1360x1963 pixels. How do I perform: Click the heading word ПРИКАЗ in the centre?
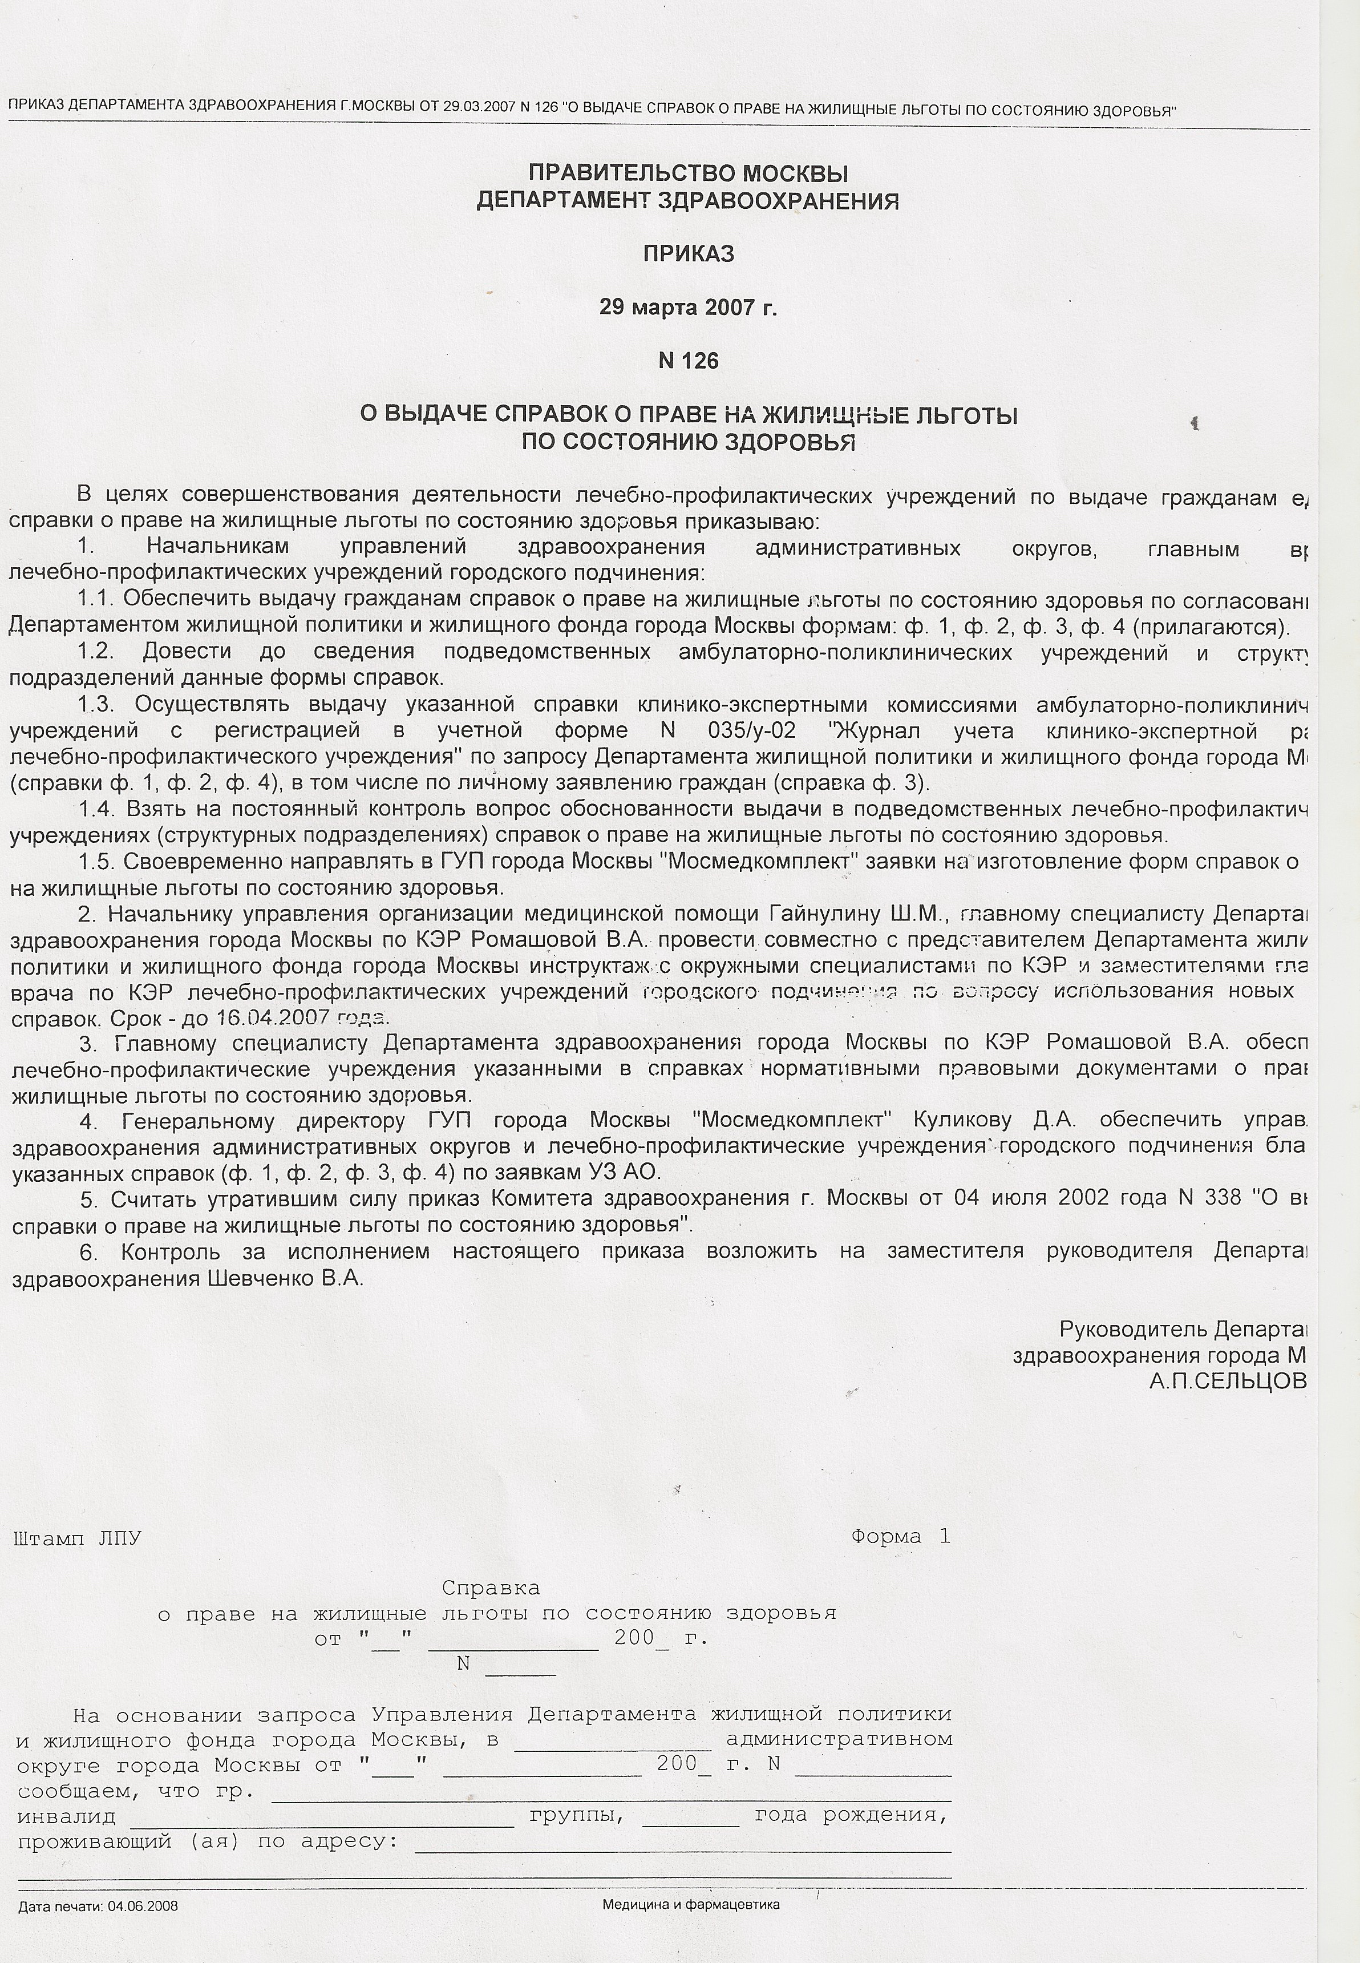687,254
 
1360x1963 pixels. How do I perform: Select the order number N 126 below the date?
689,361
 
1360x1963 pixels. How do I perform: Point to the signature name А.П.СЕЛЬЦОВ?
1227,1382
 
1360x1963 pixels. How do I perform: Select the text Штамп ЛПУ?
78,1538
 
